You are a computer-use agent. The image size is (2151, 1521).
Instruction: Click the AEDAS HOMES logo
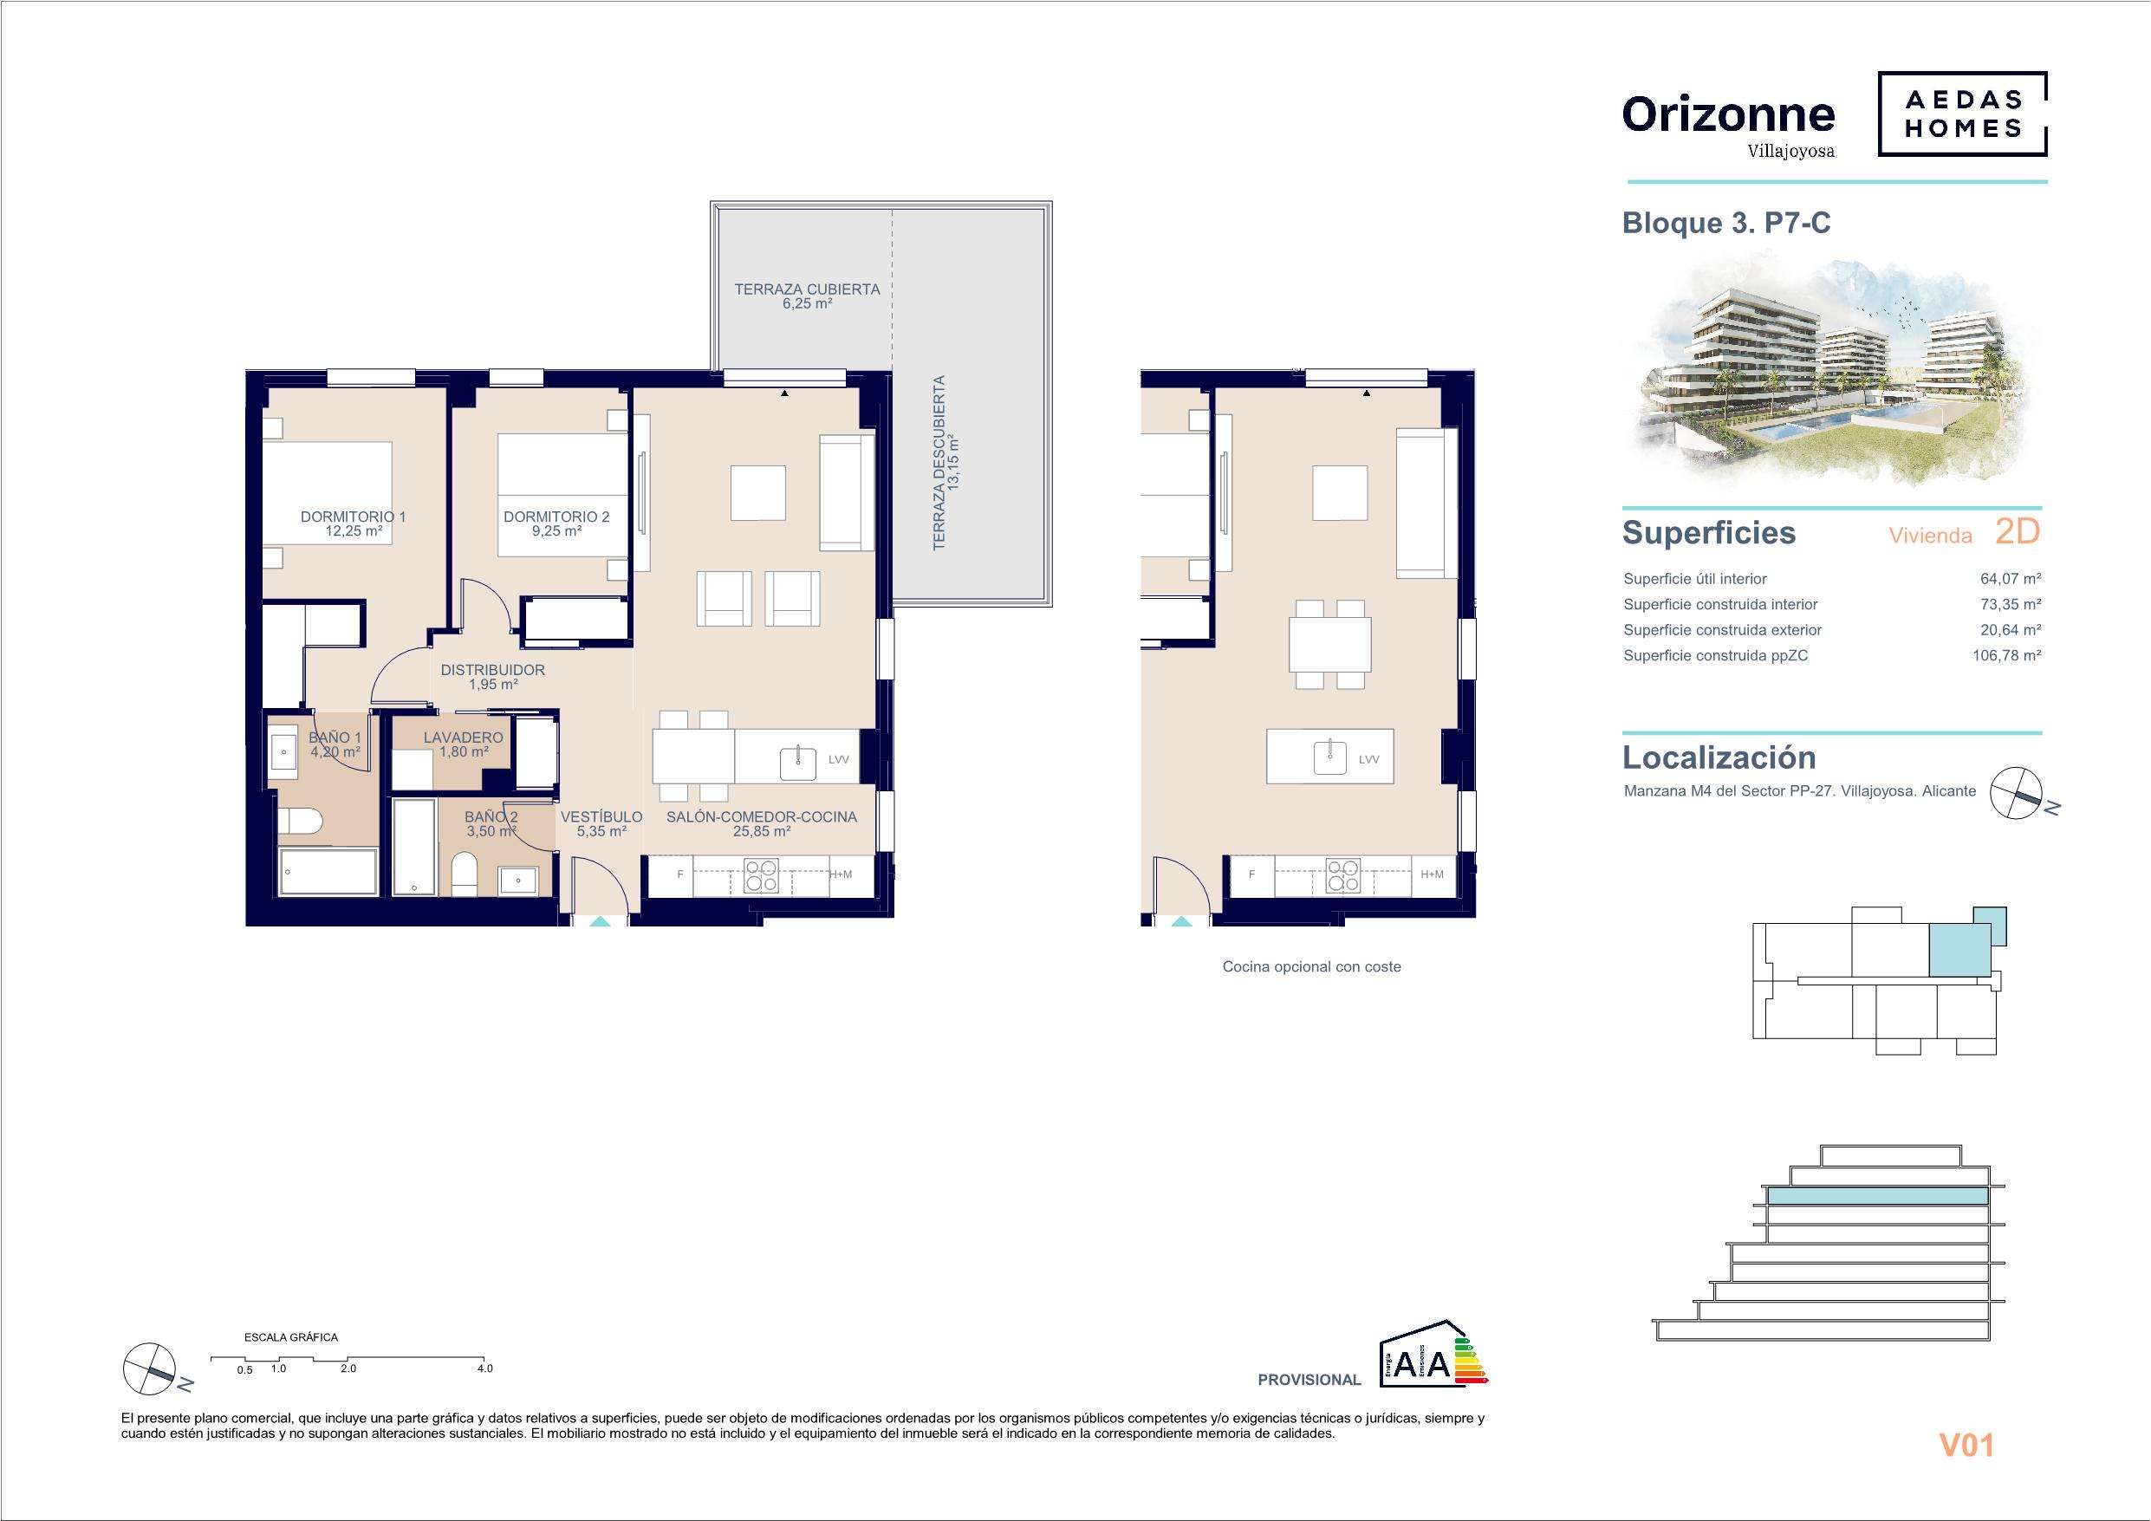pyautogui.click(x=1962, y=114)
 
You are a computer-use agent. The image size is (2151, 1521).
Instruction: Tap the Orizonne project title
pyautogui.click(x=1727, y=114)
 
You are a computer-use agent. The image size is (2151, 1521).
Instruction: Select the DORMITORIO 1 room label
pyautogui.click(x=354, y=517)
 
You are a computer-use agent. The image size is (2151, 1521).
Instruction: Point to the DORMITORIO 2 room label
pyautogui.click(x=556, y=517)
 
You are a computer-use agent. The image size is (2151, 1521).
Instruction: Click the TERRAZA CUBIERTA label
pyautogui.click(x=807, y=289)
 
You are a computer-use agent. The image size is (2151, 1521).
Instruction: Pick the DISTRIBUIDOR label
pyautogui.click(x=493, y=670)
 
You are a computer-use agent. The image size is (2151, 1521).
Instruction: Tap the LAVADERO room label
pyautogui.click(x=463, y=738)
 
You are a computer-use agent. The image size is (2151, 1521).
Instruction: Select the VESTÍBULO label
pyautogui.click(x=601, y=817)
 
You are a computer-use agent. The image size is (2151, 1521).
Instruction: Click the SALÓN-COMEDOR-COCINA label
pyautogui.click(x=762, y=817)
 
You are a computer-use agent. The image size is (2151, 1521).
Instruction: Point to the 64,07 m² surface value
pyautogui.click(x=2011, y=579)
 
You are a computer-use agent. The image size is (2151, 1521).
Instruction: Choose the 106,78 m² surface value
pyautogui.click(x=2007, y=656)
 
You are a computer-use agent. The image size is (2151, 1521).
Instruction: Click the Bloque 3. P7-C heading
pyautogui.click(x=1725, y=223)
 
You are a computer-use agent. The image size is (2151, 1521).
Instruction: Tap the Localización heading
pyautogui.click(x=1719, y=757)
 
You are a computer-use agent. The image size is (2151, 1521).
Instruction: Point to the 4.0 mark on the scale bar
pyautogui.click(x=484, y=1368)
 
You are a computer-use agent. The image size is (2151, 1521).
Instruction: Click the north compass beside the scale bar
pyautogui.click(x=150, y=1368)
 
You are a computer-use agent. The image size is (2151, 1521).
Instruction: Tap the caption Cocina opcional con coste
pyautogui.click(x=1311, y=967)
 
